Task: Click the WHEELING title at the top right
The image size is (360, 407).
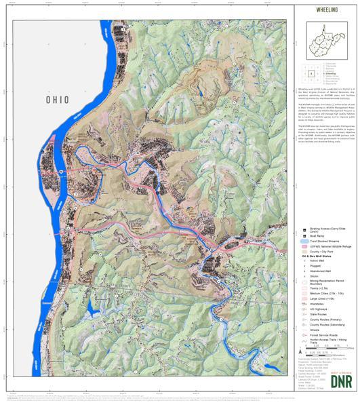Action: [327, 12]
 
